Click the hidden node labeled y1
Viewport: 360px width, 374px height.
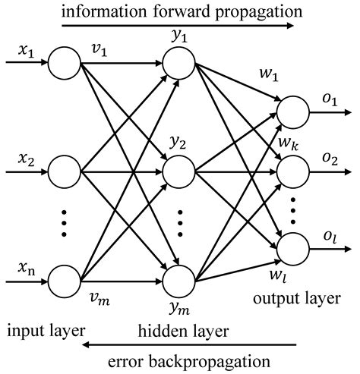point(180,63)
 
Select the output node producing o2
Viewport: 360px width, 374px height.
point(292,173)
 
